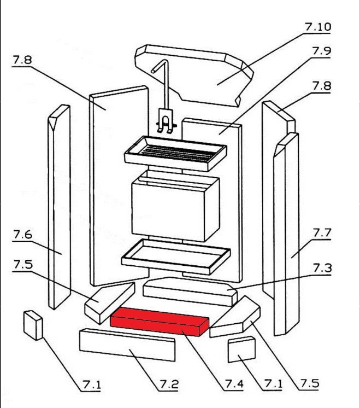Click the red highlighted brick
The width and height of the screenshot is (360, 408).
pyautogui.click(x=158, y=320)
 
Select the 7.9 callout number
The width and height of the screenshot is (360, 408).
pyautogui.click(x=322, y=51)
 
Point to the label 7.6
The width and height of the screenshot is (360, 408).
pyautogui.click(x=22, y=235)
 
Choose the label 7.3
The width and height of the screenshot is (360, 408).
pyautogui.click(x=322, y=268)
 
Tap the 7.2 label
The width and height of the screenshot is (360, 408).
pyautogui.click(x=169, y=384)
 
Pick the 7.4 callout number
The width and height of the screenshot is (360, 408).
pyautogui.click(x=234, y=384)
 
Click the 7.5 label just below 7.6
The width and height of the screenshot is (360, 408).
pyautogui.click(x=22, y=265)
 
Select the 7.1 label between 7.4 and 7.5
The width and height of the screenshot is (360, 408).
pyautogui.click(x=273, y=384)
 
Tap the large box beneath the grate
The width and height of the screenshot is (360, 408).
pyautogui.click(x=175, y=208)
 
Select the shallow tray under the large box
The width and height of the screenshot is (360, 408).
pyautogui.click(x=175, y=255)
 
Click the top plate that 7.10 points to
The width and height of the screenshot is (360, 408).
pyautogui.click(x=197, y=74)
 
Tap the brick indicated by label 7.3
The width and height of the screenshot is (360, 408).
pyautogui.click(x=188, y=292)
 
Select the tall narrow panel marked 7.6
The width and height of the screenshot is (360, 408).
pyautogui.click(x=58, y=208)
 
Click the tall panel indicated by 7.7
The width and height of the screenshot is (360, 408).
pyautogui.click(x=286, y=235)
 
